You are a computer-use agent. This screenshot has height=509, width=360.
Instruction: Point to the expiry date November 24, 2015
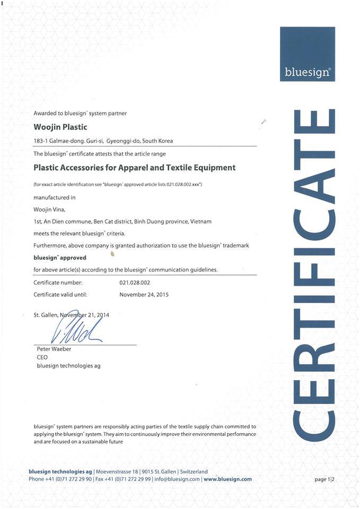144,294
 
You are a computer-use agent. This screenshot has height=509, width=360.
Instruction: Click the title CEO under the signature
42,357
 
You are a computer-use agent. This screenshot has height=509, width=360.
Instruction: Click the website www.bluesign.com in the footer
227,479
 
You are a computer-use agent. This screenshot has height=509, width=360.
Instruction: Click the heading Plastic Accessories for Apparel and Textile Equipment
134,168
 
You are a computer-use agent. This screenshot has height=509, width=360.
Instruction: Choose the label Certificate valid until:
60,294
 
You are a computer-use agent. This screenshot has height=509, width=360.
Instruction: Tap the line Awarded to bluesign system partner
80,113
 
